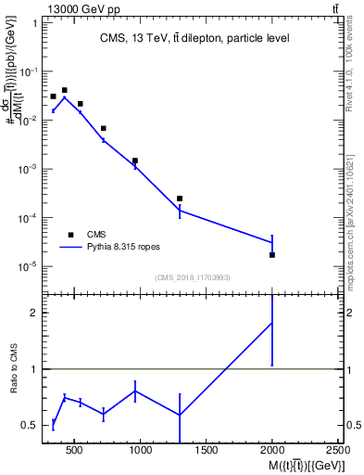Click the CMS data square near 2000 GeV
point(271,254)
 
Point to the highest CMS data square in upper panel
point(64,90)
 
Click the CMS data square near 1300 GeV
point(180,199)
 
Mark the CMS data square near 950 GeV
point(135,160)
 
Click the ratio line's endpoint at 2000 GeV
point(271,323)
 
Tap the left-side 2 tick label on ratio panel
point(32,313)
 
